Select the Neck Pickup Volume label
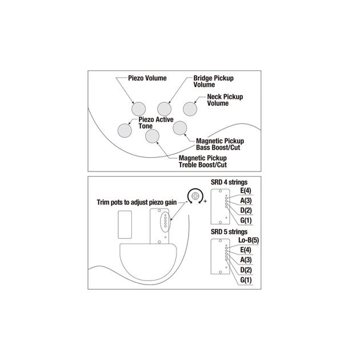coord(225,100)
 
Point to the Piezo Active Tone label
coord(156,122)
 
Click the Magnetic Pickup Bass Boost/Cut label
coord(220,143)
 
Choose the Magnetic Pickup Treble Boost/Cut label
coord(202,162)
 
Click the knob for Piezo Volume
coord(139,107)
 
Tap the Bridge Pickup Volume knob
coord(165,107)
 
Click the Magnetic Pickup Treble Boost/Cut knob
coord(152,135)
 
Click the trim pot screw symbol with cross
coord(197,195)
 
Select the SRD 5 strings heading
coord(230,232)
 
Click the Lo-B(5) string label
coord(249,241)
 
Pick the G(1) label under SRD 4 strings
coord(246,220)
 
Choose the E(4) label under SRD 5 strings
coord(246,250)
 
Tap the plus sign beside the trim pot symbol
coord(205,202)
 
